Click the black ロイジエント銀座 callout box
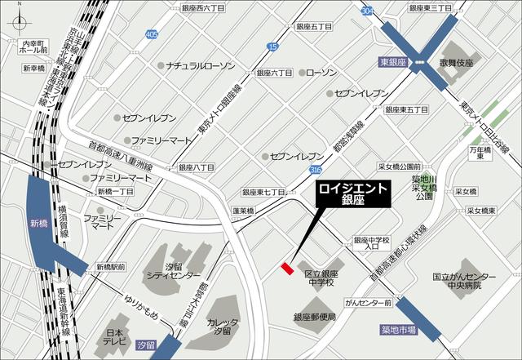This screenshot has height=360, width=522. [353, 194]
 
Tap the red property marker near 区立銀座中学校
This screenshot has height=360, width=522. [286, 267]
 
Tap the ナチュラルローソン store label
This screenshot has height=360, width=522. [201, 64]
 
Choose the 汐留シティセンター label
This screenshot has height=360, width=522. [170, 271]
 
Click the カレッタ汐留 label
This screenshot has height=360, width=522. [223, 327]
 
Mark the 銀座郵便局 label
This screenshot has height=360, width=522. [315, 317]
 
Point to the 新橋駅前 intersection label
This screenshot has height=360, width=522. [110, 267]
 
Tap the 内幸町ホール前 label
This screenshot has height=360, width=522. [34, 45]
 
